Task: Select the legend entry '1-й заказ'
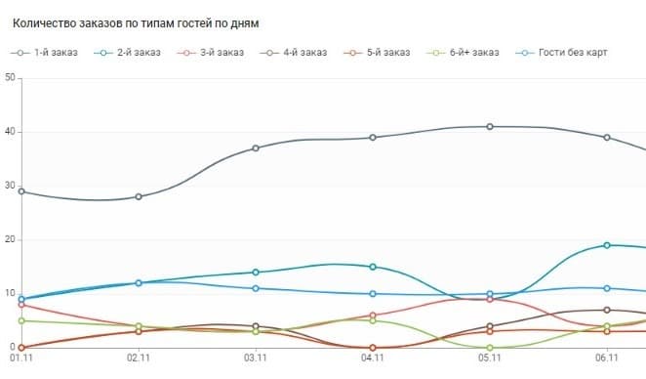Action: (x=57, y=52)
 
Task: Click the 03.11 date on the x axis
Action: (x=256, y=359)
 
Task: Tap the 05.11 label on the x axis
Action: (x=490, y=359)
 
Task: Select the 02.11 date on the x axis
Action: (x=139, y=359)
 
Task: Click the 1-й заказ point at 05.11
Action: (x=490, y=127)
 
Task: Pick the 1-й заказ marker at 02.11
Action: (x=139, y=196)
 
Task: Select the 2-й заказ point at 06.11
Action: (x=607, y=245)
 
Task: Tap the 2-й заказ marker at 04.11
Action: (x=373, y=267)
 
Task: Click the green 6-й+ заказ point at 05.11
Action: (x=490, y=347)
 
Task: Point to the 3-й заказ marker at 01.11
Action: (x=21, y=305)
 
